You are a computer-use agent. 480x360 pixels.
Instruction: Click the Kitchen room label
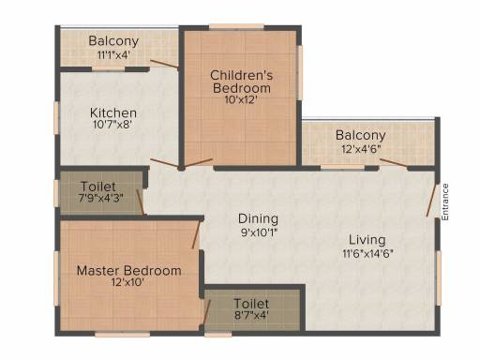pos(113,112)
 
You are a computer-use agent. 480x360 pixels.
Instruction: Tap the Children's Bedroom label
pos(242,82)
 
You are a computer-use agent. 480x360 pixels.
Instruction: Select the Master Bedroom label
pos(128,270)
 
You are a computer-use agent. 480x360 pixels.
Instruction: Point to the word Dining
pos(258,219)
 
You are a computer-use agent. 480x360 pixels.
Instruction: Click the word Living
pos(367,240)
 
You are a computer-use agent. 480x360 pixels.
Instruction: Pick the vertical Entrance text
pos(445,202)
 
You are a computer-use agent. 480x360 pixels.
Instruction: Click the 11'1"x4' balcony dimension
pos(113,55)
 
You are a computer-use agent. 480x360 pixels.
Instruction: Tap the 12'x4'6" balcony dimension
pos(361,149)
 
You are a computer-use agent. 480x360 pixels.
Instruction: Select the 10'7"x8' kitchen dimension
pos(112,125)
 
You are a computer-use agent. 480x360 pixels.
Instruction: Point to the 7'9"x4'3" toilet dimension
pos(100,198)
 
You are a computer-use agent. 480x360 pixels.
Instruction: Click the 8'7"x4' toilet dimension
pos(251,315)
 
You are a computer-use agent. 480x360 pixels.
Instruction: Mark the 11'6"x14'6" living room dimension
pos(367,253)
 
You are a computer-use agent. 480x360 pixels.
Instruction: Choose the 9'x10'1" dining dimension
pos(259,232)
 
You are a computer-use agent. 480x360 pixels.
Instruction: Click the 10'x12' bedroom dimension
pos(241,99)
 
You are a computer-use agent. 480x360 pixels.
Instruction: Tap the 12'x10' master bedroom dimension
pos(127,282)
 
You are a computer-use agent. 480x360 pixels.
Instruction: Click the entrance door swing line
pos(431,200)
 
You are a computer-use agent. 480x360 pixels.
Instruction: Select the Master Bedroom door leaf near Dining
pos(196,234)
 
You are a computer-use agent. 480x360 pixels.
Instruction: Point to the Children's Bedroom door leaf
pos(198,163)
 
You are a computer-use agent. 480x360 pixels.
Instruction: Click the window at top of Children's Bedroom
pos(236,27)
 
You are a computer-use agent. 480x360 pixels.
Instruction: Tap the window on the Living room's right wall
pos(439,278)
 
